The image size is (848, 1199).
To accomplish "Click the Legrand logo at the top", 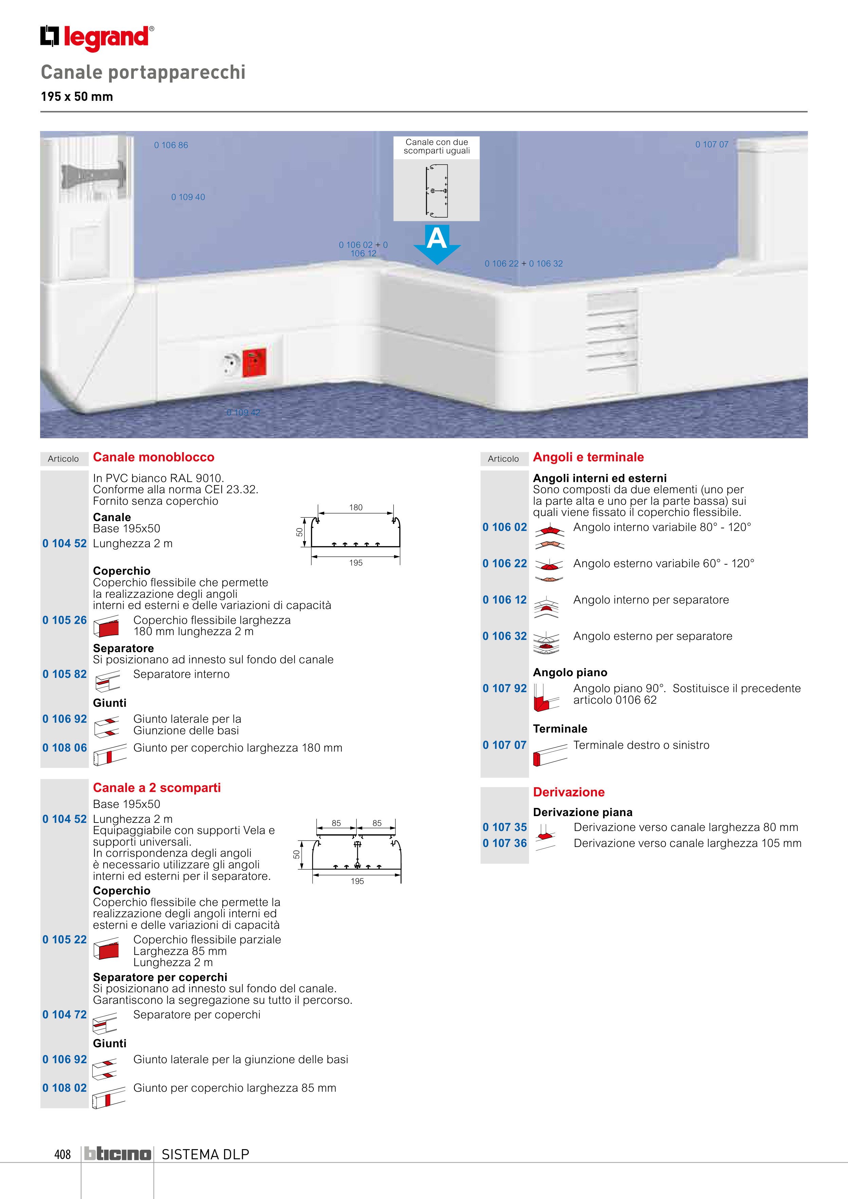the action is point(97,38).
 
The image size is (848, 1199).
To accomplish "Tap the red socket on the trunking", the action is point(254,362).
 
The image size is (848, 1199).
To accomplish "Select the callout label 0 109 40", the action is point(188,197).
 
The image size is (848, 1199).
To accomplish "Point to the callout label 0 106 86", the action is point(171,145).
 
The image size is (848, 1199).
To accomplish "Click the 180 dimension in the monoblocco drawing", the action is point(356,508).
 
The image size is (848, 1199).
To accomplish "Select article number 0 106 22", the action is point(505,564).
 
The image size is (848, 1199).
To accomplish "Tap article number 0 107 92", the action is point(505,688).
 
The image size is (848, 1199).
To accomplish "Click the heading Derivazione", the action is point(569,792).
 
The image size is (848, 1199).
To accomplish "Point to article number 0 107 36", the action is point(505,843).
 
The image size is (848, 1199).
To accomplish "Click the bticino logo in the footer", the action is point(118,1154).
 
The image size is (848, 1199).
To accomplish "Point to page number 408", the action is point(62,1154).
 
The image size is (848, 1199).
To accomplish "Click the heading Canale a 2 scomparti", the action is point(157,788).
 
